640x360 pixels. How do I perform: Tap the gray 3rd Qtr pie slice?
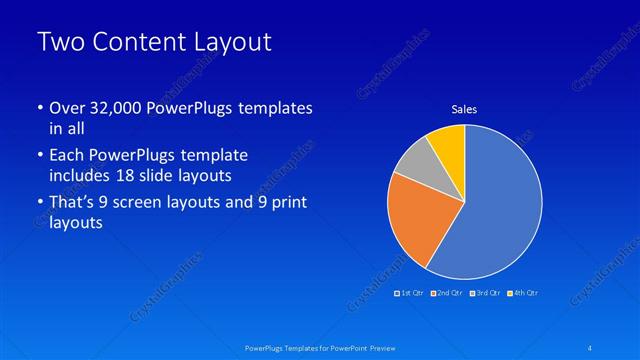[413, 163]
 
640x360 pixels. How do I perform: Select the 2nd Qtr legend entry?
[447, 292]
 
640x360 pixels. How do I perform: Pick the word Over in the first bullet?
[65, 109]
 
